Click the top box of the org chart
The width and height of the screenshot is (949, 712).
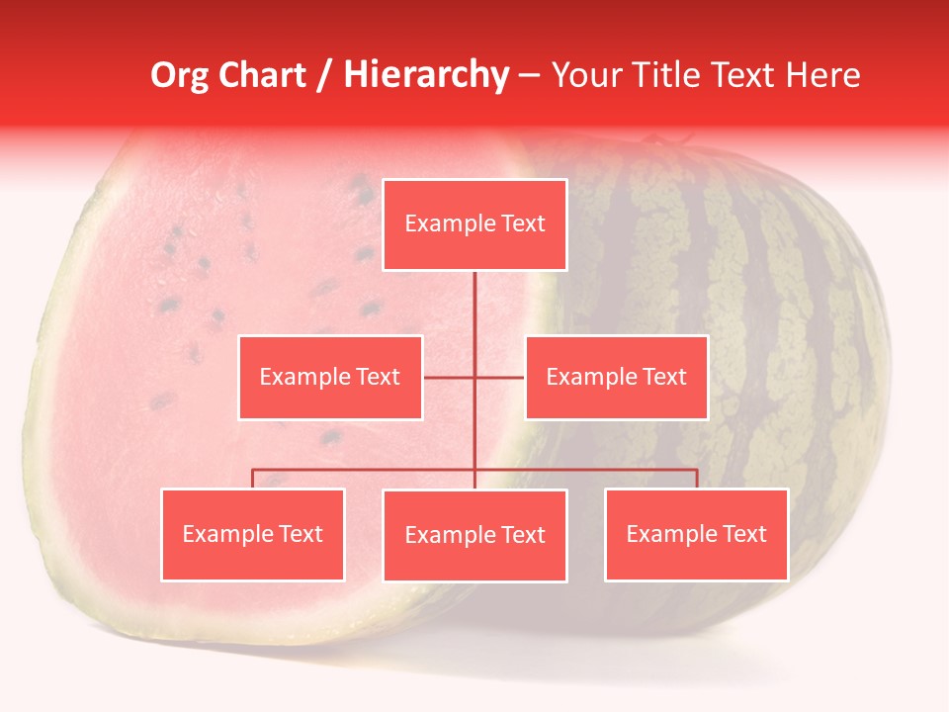point(474,224)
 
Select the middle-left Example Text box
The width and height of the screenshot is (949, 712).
point(330,377)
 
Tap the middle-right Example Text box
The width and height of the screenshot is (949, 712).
point(616,377)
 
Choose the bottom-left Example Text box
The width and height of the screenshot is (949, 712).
point(253,534)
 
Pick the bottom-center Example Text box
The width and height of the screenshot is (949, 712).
point(474,535)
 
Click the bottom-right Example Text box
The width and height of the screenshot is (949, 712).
point(696,534)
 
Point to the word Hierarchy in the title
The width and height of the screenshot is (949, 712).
point(426,75)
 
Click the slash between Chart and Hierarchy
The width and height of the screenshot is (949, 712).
point(324,75)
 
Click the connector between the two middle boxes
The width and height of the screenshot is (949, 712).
point(474,377)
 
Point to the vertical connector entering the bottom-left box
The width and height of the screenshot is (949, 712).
point(253,479)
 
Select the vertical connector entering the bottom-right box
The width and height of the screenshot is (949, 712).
point(697,479)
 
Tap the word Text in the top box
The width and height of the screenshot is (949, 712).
point(522,224)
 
